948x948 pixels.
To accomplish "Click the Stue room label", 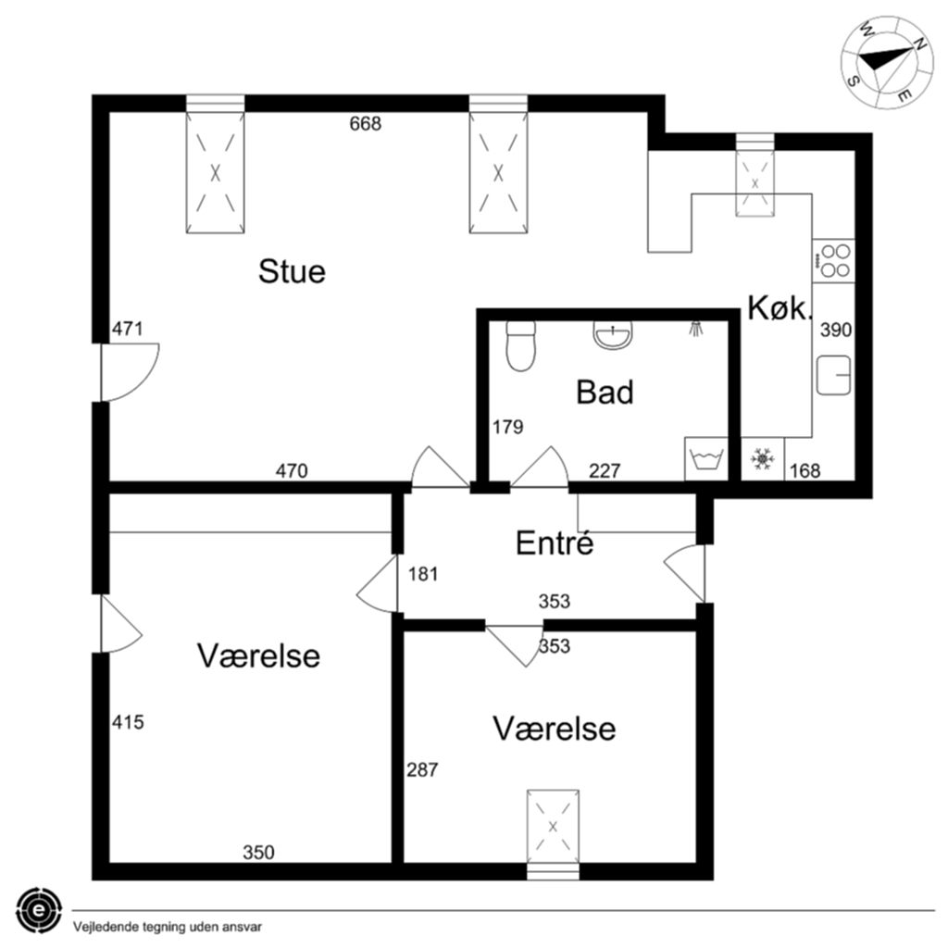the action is (x=292, y=271).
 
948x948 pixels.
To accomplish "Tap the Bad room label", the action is (x=605, y=392).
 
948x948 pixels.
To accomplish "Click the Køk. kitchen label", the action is (x=778, y=307).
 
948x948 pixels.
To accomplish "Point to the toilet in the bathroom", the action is (x=520, y=346).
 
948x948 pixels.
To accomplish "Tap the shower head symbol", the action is (x=696, y=328).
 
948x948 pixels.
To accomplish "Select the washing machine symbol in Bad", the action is (x=706, y=459).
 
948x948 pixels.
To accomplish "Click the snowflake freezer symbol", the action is (x=763, y=459).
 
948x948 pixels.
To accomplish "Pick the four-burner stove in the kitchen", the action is (x=834, y=260).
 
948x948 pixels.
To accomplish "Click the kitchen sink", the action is (x=834, y=375).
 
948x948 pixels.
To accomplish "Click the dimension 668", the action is (x=365, y=124).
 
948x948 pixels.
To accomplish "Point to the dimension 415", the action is (x=128, y=722).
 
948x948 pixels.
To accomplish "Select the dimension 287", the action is (x=422, y=769).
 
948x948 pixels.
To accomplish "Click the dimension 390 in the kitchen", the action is (x=836, y=330).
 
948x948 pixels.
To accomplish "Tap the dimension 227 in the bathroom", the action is (x=605, y=470).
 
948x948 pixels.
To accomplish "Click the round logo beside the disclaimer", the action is (x=39, y=911).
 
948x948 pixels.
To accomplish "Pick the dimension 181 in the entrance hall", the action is (x=422, y=574).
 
